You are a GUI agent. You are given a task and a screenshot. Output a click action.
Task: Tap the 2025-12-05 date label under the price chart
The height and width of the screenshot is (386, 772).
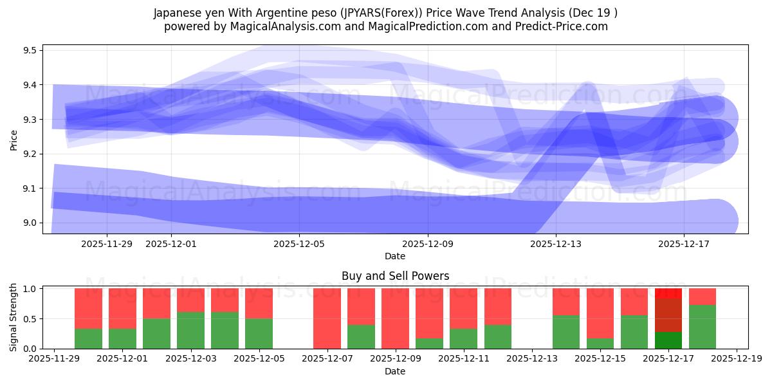coord(300,244)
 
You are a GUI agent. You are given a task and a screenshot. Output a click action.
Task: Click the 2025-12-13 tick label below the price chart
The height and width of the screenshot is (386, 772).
coord(556,244)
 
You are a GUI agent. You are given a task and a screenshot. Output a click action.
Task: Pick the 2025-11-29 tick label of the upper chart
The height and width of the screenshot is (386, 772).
coord(107,244)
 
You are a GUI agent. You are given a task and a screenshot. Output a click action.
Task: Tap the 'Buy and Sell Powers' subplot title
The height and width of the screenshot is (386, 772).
coord(395,276)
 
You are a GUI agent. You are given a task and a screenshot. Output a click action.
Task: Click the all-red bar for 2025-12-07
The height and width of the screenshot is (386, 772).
coord(327,318)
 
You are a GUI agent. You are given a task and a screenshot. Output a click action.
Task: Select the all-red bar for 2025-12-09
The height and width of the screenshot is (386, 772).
coord(395,318)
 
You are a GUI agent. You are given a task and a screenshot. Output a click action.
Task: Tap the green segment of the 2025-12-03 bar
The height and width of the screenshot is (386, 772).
coord(190,331)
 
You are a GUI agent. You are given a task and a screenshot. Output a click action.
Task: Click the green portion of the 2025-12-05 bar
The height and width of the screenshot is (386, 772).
coord(259,333)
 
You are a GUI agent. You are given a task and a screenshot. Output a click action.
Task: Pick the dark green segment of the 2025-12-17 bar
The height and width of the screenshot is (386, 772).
coord(668,340)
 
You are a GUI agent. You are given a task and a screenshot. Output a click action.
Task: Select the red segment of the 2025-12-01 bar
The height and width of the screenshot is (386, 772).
coord(122,309)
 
